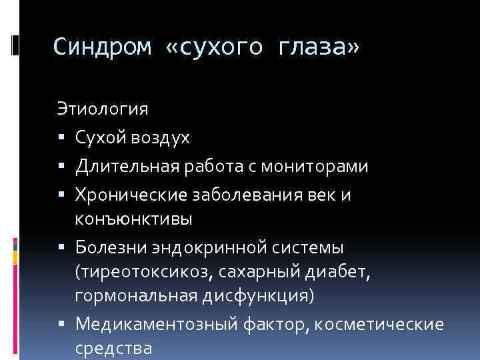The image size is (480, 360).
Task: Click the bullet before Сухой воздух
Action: tap(61, 138)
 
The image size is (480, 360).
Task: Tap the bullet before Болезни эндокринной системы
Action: tap(61, 249)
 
